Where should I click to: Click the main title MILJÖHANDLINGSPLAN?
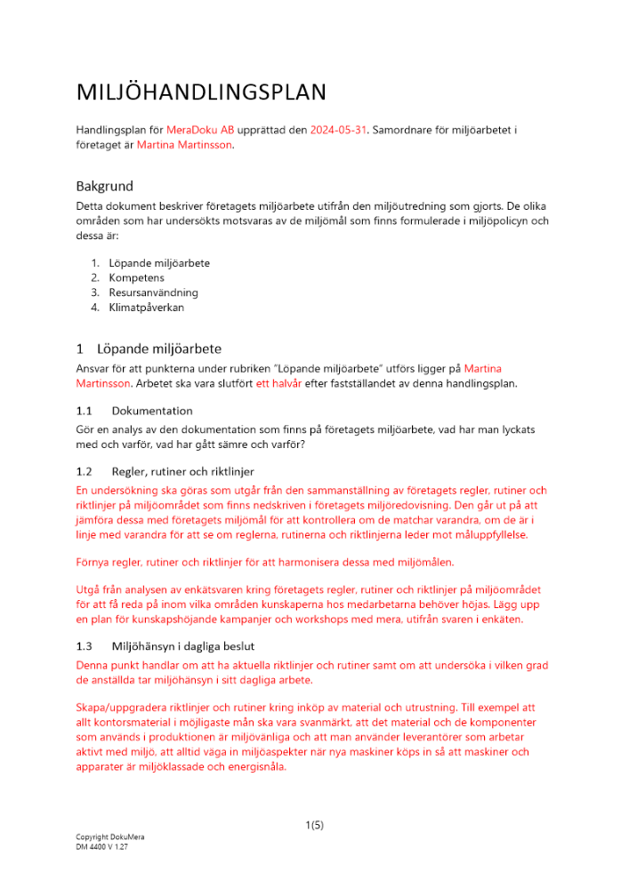[201, 92]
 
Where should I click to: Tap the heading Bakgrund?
[104, 187]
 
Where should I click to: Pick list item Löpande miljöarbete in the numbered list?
[159, 263]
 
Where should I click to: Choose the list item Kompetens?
[138, 278]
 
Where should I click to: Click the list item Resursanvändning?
[153, 292]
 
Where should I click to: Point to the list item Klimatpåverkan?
[148, 308]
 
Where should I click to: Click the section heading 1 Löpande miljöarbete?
[149, 348]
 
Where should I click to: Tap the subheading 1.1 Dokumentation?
[134, 411]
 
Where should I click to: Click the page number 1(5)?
[314, 825]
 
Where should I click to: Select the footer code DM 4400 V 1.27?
[102, 847]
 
